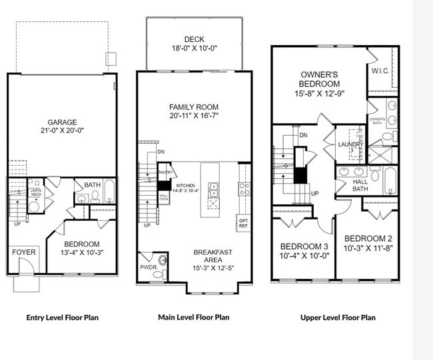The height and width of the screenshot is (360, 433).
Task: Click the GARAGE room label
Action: [62, 122]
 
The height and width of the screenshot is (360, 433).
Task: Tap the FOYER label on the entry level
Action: [23, 252]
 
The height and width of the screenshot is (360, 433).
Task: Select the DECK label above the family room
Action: [193, 39]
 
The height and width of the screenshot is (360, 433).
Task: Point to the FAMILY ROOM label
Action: [193, 106]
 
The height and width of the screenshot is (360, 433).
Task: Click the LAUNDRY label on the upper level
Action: [350, 144]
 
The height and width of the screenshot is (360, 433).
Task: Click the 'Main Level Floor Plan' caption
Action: [193, 317]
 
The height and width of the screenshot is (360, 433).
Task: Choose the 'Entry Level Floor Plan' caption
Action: [62, 317]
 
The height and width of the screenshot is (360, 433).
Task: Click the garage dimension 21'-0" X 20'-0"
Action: [62, 131]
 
